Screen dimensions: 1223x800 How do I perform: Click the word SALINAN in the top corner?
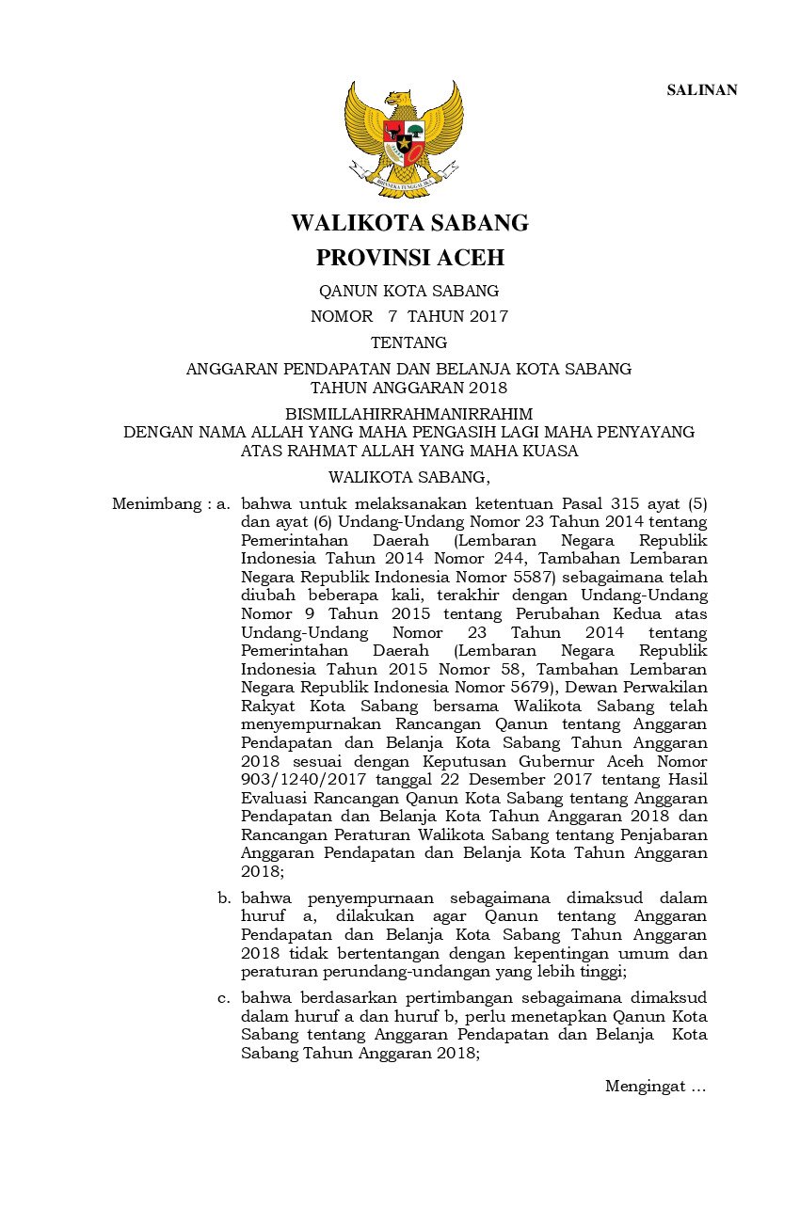point(702,90)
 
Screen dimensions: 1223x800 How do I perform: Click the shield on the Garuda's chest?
point(404,142)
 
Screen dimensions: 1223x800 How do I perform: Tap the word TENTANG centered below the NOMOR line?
point(408,342)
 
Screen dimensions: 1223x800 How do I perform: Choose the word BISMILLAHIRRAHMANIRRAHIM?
point(408,414)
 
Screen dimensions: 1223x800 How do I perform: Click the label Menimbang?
point(153,504)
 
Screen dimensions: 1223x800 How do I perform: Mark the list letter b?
point(223,898)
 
